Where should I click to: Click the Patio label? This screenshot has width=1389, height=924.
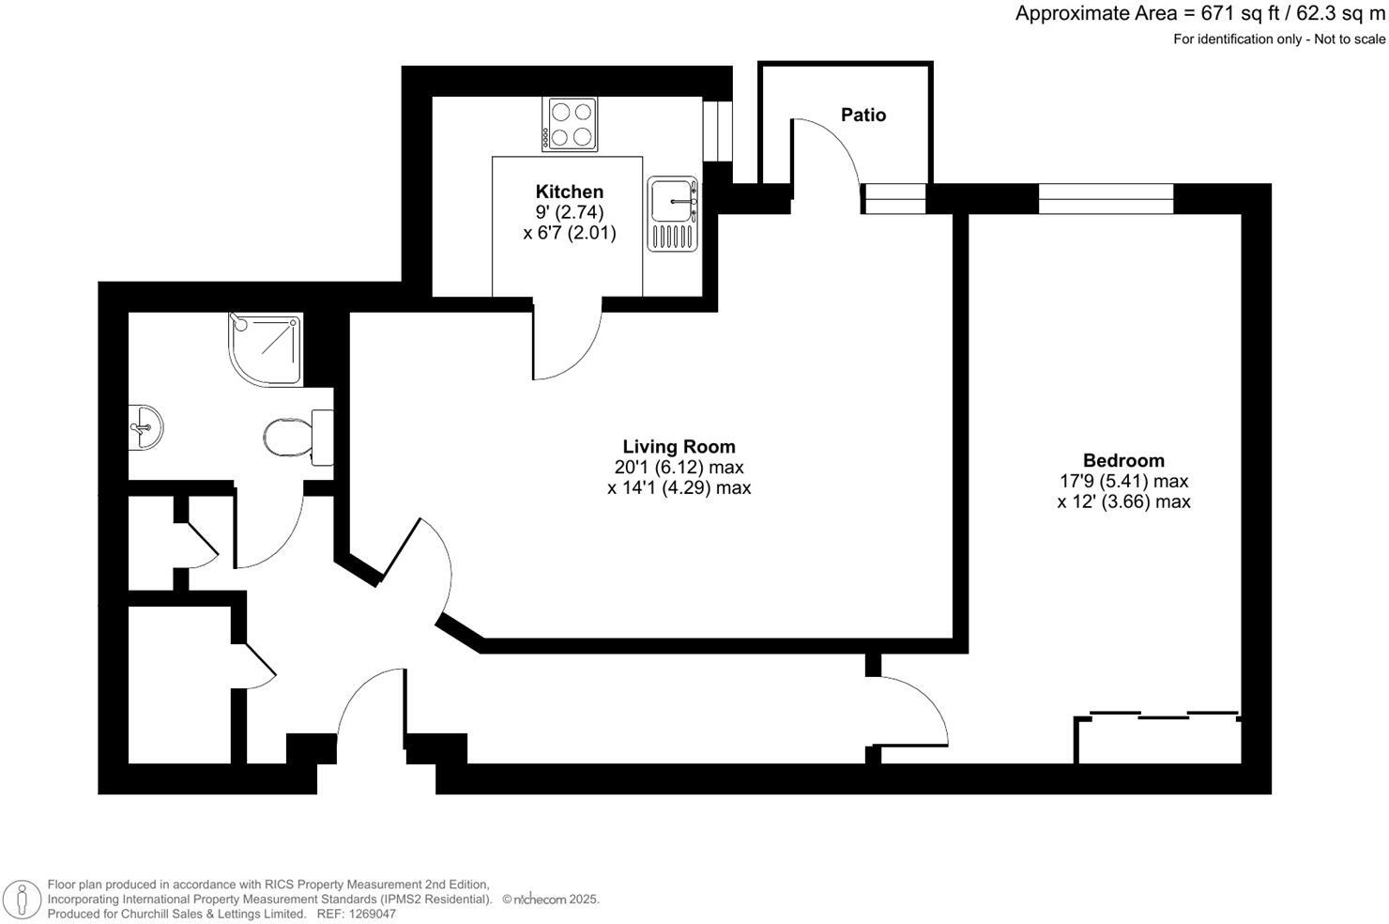click(862, 115)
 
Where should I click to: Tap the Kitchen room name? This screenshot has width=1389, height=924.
click(569, 192)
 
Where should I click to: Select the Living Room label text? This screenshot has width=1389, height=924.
click(679, 447)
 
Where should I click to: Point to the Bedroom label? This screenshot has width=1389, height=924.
click(1123, 460)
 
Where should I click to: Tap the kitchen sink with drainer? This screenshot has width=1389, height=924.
click(672, 214)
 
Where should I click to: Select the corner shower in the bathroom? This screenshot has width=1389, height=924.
click(266, 348)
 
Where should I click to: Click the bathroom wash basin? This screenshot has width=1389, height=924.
click(145, 427)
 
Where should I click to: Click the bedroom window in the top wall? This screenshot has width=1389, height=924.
click(1106, 198)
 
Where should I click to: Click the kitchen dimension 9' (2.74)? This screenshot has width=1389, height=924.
click(569, 212)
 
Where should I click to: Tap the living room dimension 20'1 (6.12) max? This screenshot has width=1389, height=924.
click(679, 468)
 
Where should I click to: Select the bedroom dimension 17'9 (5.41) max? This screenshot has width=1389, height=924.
click(1123, 481)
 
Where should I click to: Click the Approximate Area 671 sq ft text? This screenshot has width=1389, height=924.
click(1199, 14)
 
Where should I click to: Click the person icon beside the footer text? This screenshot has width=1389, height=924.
click(21, 899)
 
